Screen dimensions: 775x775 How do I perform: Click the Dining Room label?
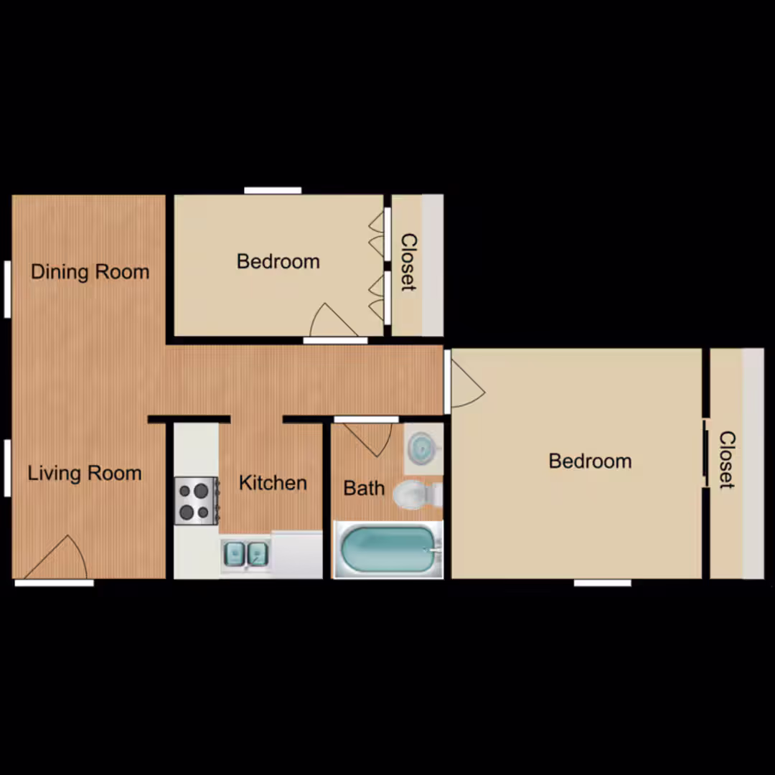point(90,272)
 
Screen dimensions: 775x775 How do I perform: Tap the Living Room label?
point(85,473)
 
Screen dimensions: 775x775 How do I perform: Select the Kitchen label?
point(273,482)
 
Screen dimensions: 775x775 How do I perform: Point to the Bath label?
point(364,488)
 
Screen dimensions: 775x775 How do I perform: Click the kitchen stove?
point(197,501)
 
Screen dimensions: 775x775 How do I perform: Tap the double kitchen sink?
point(245,553)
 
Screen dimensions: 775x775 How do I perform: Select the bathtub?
point(388,549)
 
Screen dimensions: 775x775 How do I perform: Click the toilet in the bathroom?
point(418,494)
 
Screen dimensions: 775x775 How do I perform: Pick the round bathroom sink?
point(422,448)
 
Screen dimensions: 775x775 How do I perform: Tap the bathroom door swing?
point(368,437)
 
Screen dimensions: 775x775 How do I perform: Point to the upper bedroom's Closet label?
point(409,262)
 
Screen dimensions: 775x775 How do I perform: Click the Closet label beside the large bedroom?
point(727,460)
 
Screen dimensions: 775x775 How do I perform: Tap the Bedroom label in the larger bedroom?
point(590,461)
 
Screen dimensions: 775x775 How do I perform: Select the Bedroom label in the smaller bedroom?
point(278,261)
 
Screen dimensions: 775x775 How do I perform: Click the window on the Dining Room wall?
point(7,289)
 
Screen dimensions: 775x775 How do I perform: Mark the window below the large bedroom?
point(603,583)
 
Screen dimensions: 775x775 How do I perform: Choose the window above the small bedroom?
point(273,190)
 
